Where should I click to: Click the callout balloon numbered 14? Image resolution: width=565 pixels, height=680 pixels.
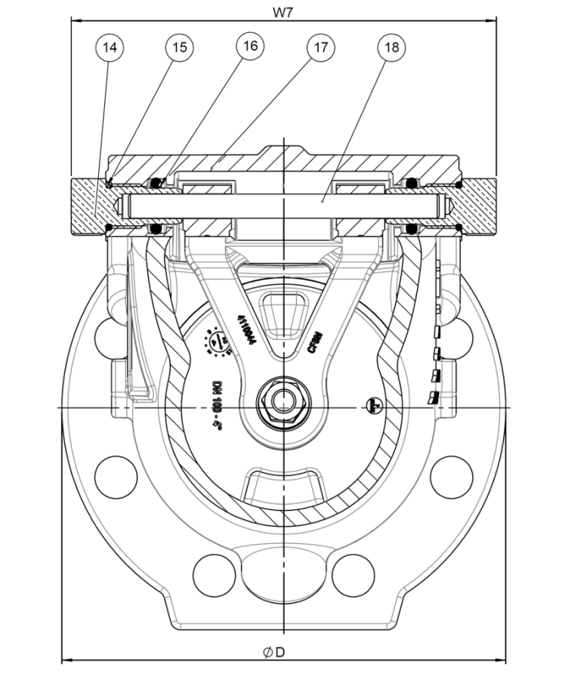point(110,48)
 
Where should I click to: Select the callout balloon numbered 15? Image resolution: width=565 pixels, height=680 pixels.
point(179,48)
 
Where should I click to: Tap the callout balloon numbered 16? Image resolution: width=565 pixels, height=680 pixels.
point(250,46)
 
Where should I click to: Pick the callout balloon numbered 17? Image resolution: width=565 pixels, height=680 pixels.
point(320,48)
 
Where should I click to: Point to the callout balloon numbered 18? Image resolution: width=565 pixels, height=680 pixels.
point(391,48)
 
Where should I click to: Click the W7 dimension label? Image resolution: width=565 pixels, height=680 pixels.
point(283,11)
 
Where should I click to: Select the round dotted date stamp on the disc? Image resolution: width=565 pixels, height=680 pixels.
point(219,342)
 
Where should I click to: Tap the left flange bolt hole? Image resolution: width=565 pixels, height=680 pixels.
point(111,474)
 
